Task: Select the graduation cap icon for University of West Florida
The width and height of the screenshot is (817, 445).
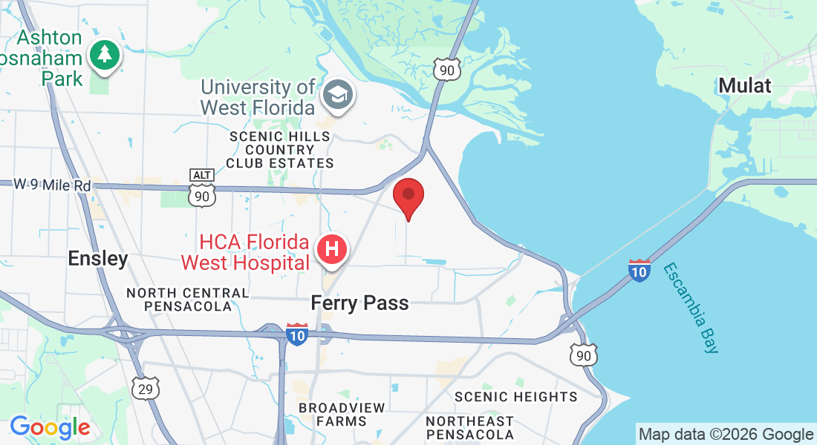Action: tap(338, 95)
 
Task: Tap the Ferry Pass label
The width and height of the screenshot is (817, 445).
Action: tap(359, 303)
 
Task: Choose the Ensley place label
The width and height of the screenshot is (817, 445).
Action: tap(98, 258)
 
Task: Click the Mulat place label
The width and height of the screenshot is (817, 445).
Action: tap(745, 85)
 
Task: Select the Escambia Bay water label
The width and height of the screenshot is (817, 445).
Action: tap(691, 307)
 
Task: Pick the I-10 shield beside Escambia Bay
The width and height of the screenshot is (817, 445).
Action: tap(639, 271)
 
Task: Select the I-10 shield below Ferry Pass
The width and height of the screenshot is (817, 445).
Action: tap(297, 334)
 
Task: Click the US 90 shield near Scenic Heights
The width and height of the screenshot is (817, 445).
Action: tap(584, 355)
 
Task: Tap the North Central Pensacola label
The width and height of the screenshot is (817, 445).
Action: tap(187, 300)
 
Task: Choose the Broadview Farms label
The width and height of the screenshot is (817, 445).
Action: tap(342, 415)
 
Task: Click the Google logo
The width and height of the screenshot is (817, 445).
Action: tap(50, 427)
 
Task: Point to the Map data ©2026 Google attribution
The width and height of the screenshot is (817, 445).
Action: tap(726, 435)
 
